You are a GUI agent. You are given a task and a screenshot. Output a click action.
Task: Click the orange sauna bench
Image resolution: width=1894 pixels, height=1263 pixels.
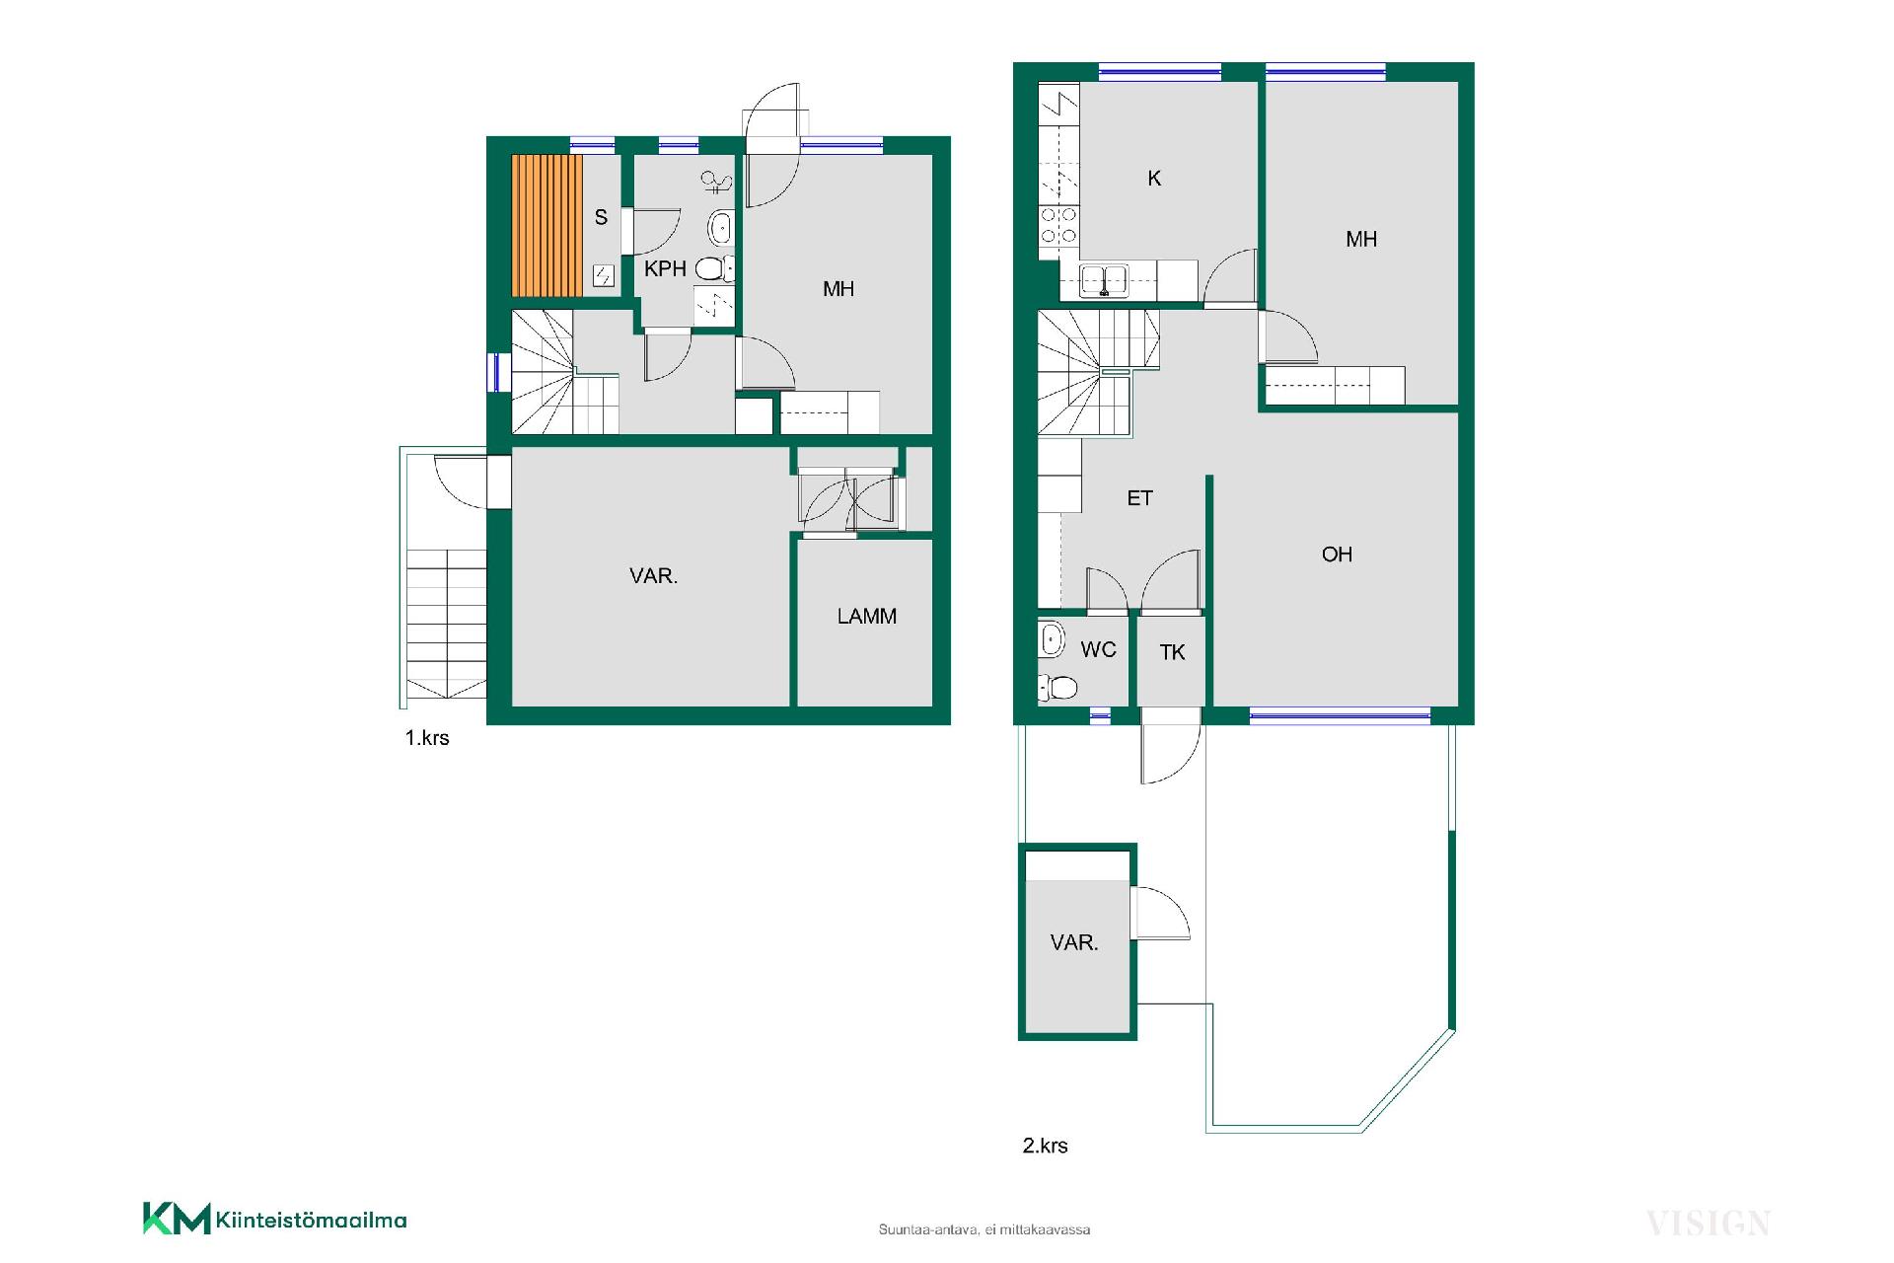tap(546, 225)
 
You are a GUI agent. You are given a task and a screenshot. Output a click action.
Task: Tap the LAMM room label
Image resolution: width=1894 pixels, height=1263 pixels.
tap(867, 617)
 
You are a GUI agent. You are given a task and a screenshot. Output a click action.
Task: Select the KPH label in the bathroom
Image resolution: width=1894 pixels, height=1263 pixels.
tap(665, 268)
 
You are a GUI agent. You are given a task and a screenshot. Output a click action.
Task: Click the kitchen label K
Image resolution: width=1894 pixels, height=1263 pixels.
tap(1154, 179)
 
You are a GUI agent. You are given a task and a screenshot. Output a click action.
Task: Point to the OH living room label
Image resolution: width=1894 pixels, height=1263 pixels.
tap(1337, 555)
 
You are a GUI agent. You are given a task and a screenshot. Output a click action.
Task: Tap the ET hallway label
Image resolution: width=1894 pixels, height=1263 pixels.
tap(1139, 498)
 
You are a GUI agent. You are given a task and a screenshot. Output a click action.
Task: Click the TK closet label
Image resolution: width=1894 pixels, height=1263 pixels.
tap(1172, 652)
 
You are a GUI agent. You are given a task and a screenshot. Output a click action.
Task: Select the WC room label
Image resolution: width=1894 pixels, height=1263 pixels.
tap(1098, 649)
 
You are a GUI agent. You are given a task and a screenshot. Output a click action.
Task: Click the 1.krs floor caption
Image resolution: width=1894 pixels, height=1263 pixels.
tap(427, 738)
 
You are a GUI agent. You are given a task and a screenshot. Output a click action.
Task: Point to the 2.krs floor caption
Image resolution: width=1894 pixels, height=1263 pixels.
tap(1045, 1146)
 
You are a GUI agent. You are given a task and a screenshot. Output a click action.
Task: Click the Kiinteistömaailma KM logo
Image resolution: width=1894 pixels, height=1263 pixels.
tap(274, 1219)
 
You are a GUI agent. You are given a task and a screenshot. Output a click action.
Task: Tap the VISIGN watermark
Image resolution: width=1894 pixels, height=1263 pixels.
tap(1708, 1225)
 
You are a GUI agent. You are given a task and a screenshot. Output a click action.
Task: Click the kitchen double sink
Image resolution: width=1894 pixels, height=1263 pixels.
tap(1103, 279)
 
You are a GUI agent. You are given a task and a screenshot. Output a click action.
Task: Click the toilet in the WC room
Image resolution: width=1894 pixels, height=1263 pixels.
tap(1057, 686)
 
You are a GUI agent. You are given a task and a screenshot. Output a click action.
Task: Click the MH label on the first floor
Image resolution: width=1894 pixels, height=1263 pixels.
tap(838, 289)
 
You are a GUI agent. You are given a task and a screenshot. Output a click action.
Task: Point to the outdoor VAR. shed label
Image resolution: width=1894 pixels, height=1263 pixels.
tap(1074, 943)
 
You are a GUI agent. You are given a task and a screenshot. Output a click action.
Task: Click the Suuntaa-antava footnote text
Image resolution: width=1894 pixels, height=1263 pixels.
tap(984, 1229)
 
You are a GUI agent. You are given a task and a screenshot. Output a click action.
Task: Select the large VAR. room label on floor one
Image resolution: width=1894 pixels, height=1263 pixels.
tap(653, 576)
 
